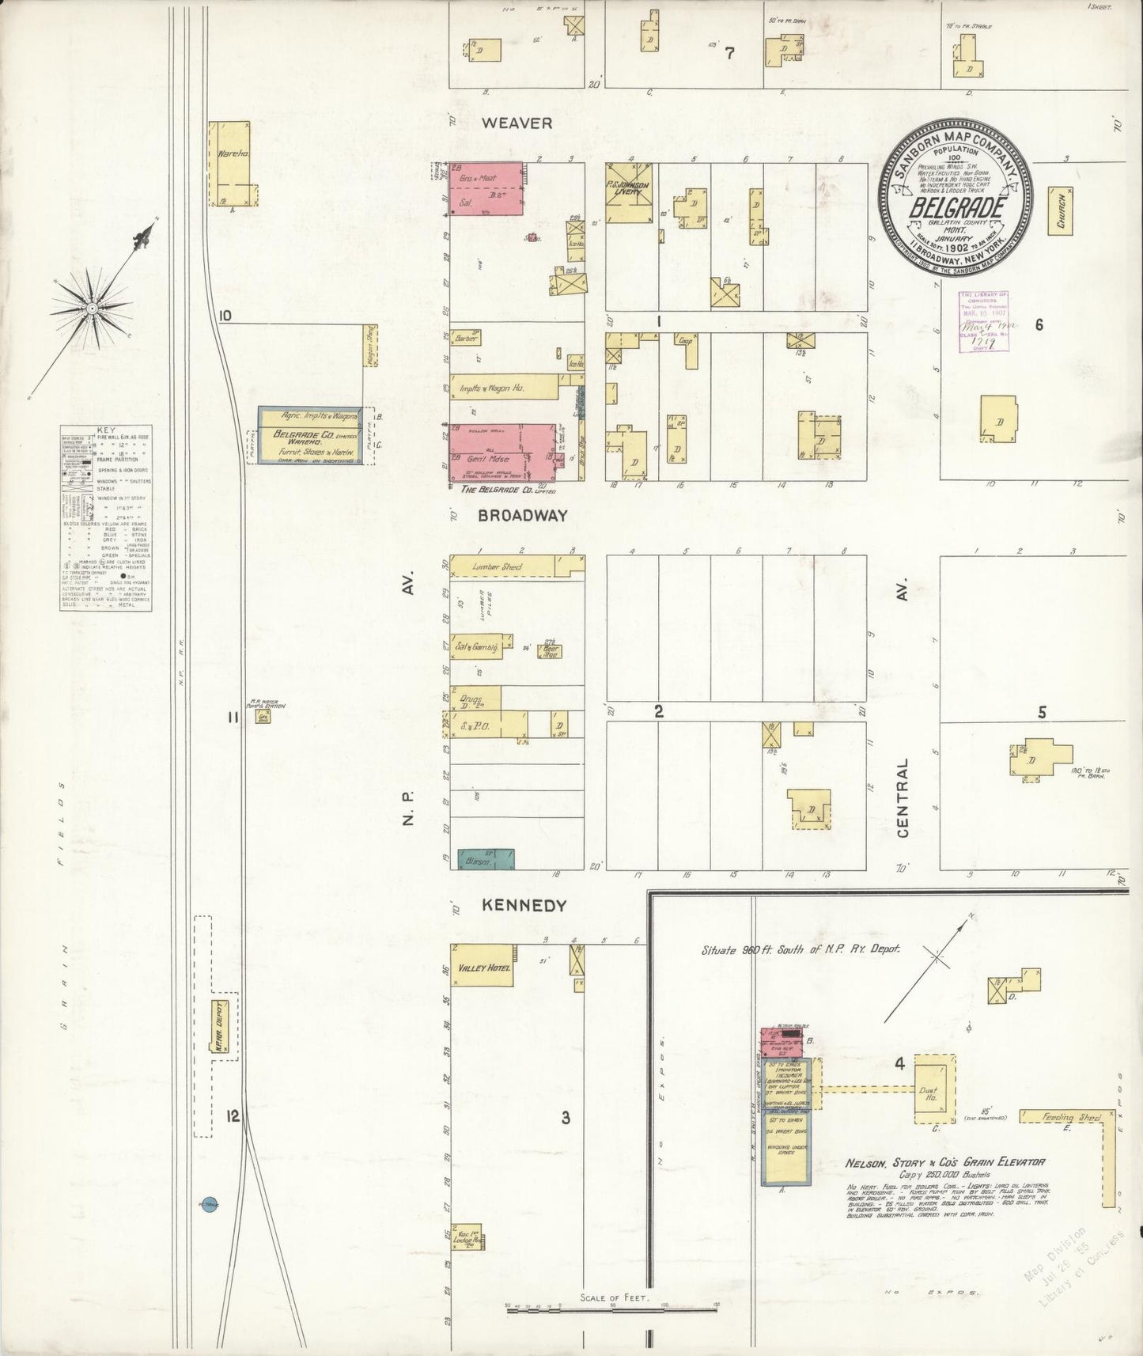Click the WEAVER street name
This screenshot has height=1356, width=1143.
(517, 123)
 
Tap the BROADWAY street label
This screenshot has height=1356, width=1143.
(522, 516)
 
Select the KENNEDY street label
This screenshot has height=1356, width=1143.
(525, 906)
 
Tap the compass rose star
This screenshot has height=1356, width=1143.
(93, 308)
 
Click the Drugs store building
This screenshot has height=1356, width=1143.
(475, 698)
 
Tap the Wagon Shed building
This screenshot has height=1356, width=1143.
(369, 345)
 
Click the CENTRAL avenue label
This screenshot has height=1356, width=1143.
(903, 797)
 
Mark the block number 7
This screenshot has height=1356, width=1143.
(729, 54)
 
